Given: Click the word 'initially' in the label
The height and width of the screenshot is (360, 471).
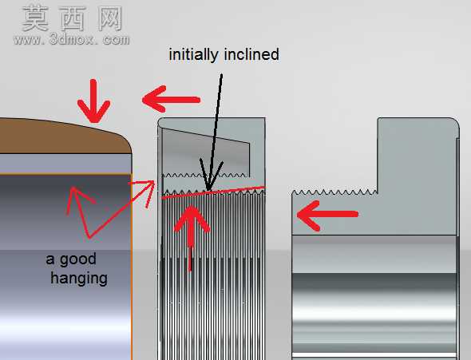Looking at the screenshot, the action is coord(193,54).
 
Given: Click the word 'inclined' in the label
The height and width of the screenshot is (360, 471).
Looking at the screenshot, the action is coord(251,54).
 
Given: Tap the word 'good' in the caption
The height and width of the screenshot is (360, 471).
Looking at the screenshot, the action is coord(78,259).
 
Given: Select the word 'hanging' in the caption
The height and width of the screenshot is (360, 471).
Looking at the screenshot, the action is coord(79,279).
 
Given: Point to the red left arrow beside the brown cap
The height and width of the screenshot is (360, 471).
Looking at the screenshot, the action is coord(171,99).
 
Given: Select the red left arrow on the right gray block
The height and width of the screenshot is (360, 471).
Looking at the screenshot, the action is coord(327,215).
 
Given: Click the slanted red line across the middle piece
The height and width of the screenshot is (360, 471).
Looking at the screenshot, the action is coord(213,192).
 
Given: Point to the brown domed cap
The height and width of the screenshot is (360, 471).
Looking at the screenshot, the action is coord(65,136).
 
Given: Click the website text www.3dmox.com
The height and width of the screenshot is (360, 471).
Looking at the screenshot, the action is coord(71,39).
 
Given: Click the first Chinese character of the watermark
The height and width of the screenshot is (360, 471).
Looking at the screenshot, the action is coord(36,18).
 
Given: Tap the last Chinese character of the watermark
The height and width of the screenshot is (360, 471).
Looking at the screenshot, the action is coord(110,18).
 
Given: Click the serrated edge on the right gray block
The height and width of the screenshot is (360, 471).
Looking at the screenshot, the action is coord(334,192).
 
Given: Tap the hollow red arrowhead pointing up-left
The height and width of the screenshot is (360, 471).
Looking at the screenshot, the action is coord(79,199).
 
